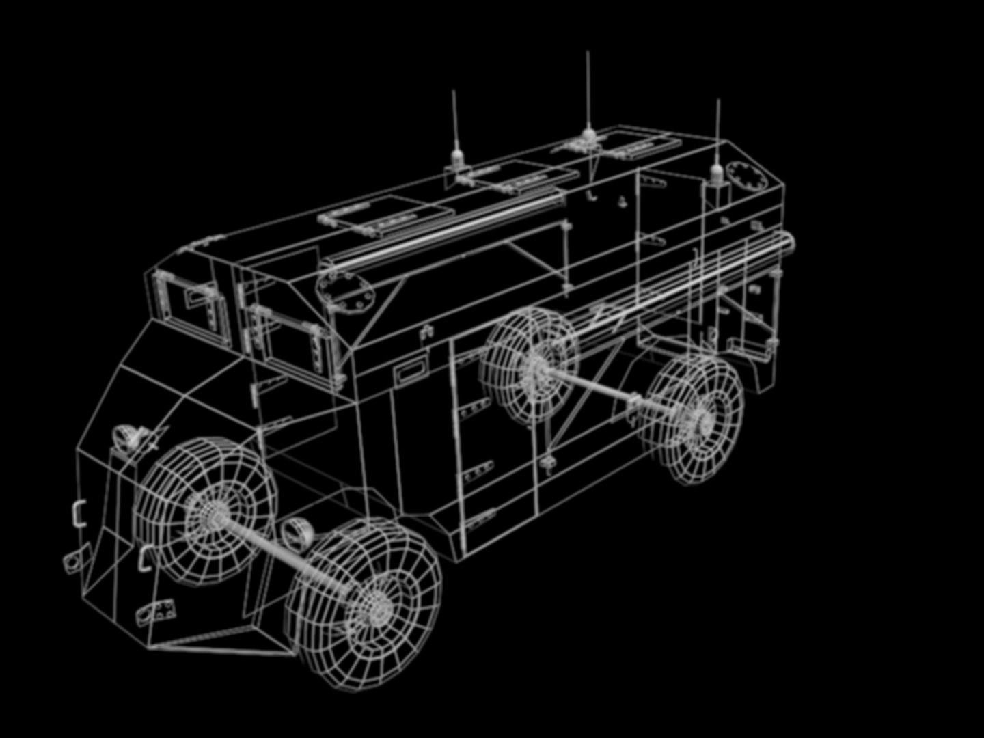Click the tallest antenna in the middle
(x=588, y=96)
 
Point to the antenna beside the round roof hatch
(x=717, y=143)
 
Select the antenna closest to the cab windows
(x=455, y=130)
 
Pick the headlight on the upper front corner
(x=126, y=436)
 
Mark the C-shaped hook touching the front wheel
(x=145, y=558)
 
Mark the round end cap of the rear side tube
(x=790, y=241)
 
